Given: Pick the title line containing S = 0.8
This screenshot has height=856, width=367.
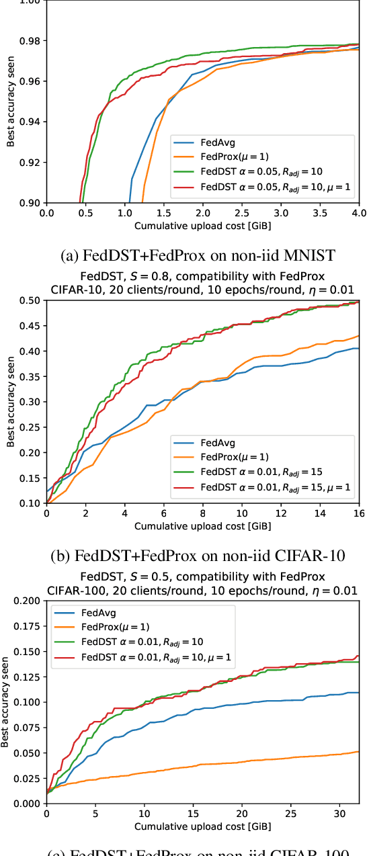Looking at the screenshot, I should [x=202, y=276].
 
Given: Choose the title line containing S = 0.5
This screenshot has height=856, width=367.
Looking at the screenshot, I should [x=202, y=576].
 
